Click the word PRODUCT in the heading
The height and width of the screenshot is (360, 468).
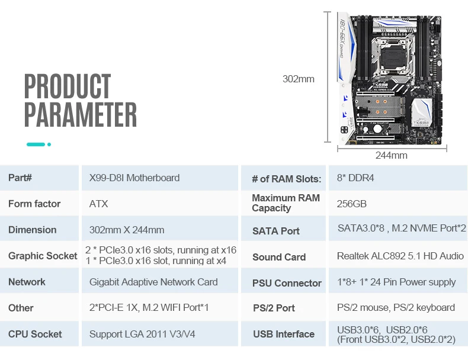(68, 86)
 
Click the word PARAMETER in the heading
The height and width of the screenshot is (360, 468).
(81, 114)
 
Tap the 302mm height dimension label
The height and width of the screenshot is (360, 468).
(299, 79)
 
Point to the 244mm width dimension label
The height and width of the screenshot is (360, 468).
(392, 155)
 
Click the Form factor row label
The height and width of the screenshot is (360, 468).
(34, 204)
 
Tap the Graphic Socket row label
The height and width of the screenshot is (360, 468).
(43, 256)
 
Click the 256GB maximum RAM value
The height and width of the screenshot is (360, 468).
(352, 204)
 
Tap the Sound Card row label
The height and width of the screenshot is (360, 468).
(279, 257)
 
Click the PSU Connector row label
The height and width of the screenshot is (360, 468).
(287, 283)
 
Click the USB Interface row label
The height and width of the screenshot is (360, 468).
(284, 334)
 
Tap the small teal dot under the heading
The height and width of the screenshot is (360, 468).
(49, 144)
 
